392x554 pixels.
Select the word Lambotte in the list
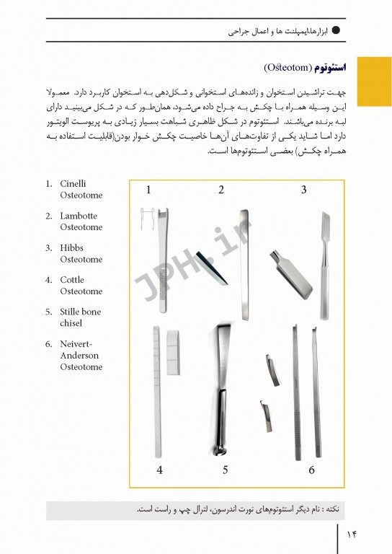(78, 216)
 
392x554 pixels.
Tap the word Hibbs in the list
(73, 247)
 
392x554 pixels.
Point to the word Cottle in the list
(72, 279)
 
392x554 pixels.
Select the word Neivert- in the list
(78, 343)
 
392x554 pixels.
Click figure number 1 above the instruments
(148, 190)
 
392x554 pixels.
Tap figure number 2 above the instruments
(221, 190)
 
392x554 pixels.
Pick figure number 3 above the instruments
(304, 190)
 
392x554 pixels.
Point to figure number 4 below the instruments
(159, 471)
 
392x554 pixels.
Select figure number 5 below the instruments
(225, 471)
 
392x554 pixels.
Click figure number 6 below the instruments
(311, 471)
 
